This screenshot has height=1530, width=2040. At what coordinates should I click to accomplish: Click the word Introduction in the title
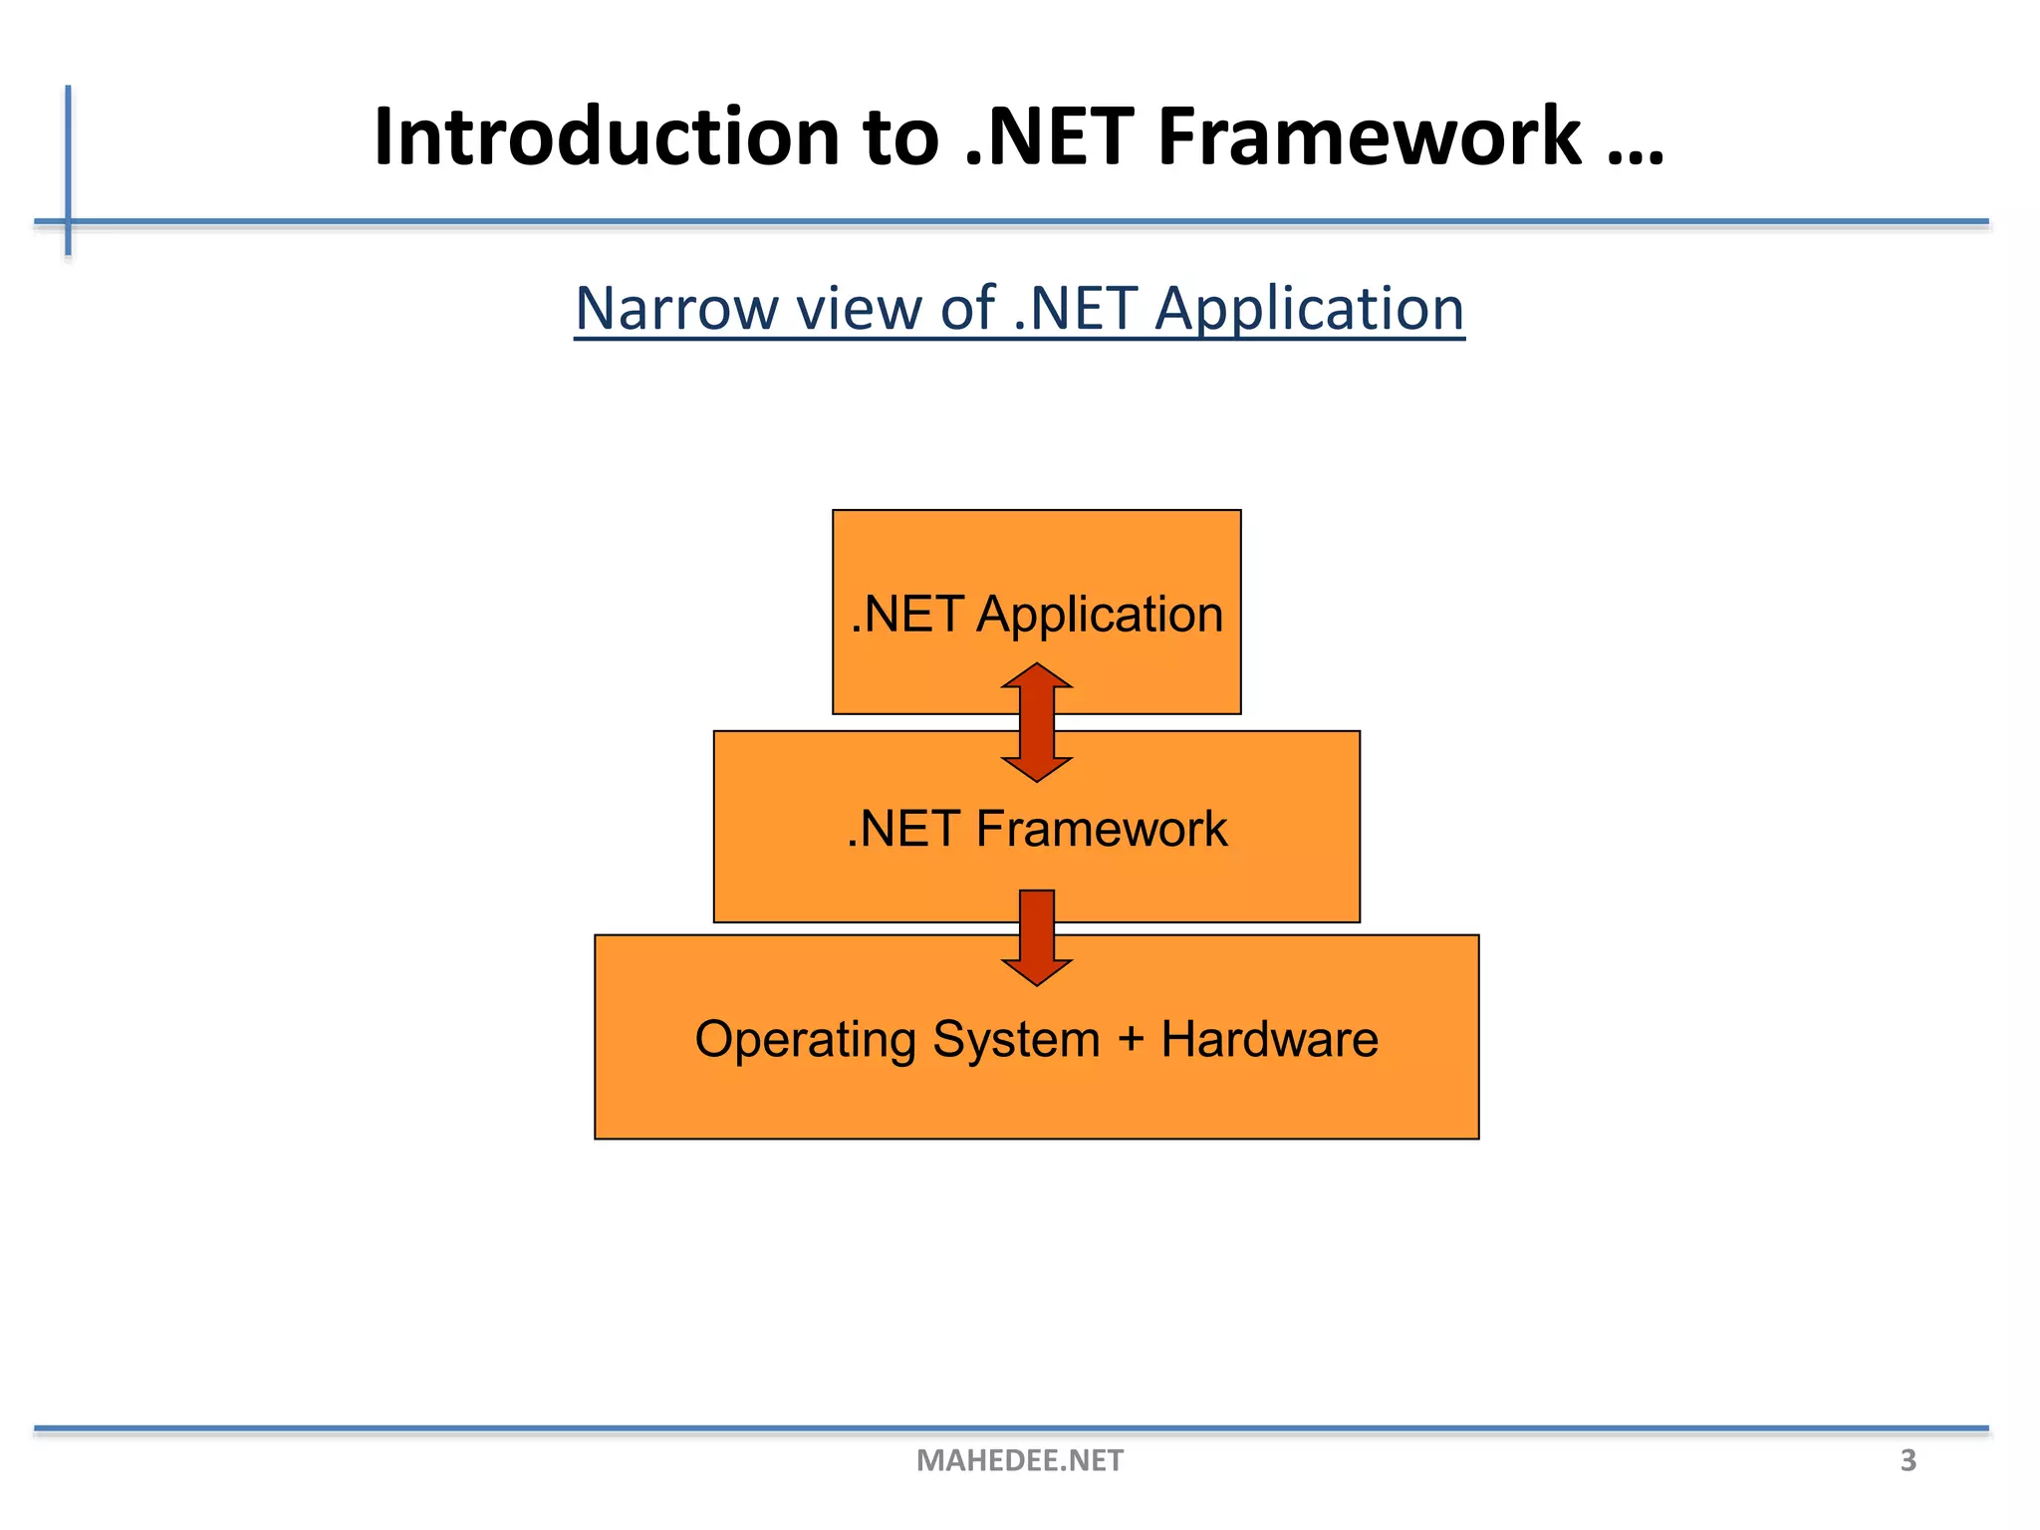click(x=606, y=137)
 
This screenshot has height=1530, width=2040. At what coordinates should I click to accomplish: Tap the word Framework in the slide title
click(x=1368, y=137)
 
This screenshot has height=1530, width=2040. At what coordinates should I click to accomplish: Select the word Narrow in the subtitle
click(x=676, y=309)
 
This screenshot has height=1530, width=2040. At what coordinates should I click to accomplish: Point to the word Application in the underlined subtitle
click(x=1309, y=311)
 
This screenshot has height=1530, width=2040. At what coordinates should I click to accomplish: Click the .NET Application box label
click(x=1036, y=614)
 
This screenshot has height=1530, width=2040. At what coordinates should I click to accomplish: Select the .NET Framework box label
click(x=1036, y=829)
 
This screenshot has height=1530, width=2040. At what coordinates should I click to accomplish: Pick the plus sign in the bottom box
click(x=1131, y=1040)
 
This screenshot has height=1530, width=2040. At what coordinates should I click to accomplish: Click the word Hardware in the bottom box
click(x=1269, y=1039)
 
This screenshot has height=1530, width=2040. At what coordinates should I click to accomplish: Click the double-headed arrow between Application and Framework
click(x=1037, y=723)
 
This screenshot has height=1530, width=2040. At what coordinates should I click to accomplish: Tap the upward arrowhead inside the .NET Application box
click(x=1037, y=677)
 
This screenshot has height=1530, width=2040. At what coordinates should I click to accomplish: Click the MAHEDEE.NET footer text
click(x=1019, y=1460)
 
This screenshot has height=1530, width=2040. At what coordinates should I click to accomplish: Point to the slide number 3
click(x=1908, y=1460)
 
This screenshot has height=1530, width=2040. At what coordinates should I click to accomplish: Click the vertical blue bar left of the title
click(x=69, y=169)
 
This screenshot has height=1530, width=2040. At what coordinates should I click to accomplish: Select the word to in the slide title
click(x=900, y=137)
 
